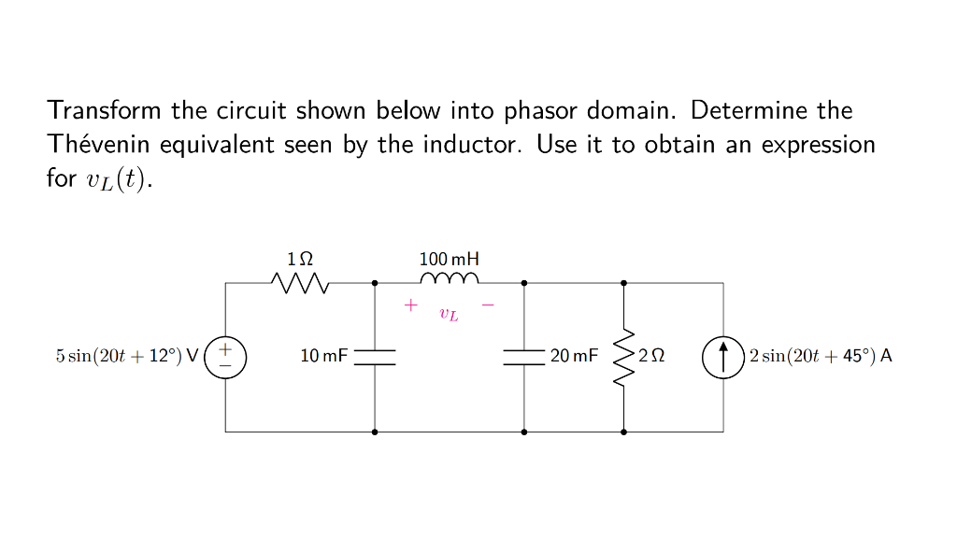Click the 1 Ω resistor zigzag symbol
point(300,281)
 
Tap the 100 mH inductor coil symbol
point(450,279)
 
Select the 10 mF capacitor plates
point(375,357)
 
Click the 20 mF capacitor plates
point(524,357)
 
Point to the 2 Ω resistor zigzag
point(623,357)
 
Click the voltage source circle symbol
point(225,357)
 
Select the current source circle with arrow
point(722,357)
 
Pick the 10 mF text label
point(323,356)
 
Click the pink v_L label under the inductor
point(450,315)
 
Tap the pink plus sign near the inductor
point(409,304)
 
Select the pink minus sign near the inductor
point(487,304)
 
